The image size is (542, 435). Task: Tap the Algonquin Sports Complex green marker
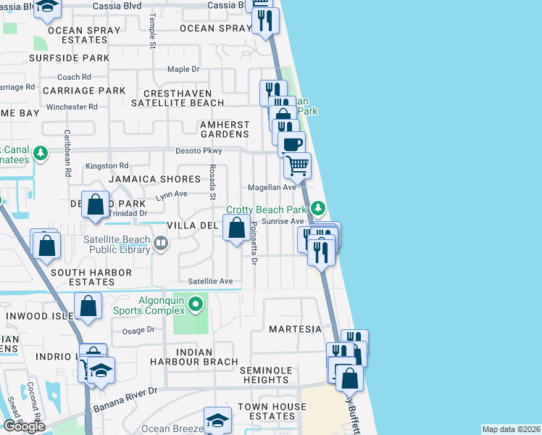[x=194, y=303]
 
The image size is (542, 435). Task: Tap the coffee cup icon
[x=291, y=144]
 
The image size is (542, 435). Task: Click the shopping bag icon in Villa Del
[x=236, y=229]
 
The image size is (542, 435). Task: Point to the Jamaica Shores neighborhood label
[x=154, y=179]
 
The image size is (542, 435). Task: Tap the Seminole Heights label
[x=266, y=375]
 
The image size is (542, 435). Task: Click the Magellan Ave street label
[x=272, y=187]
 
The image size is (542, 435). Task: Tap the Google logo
[x=23, y=426]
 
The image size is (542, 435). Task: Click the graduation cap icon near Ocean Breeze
[x=217, y=420]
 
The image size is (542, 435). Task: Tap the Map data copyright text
[x=510, y=429]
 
